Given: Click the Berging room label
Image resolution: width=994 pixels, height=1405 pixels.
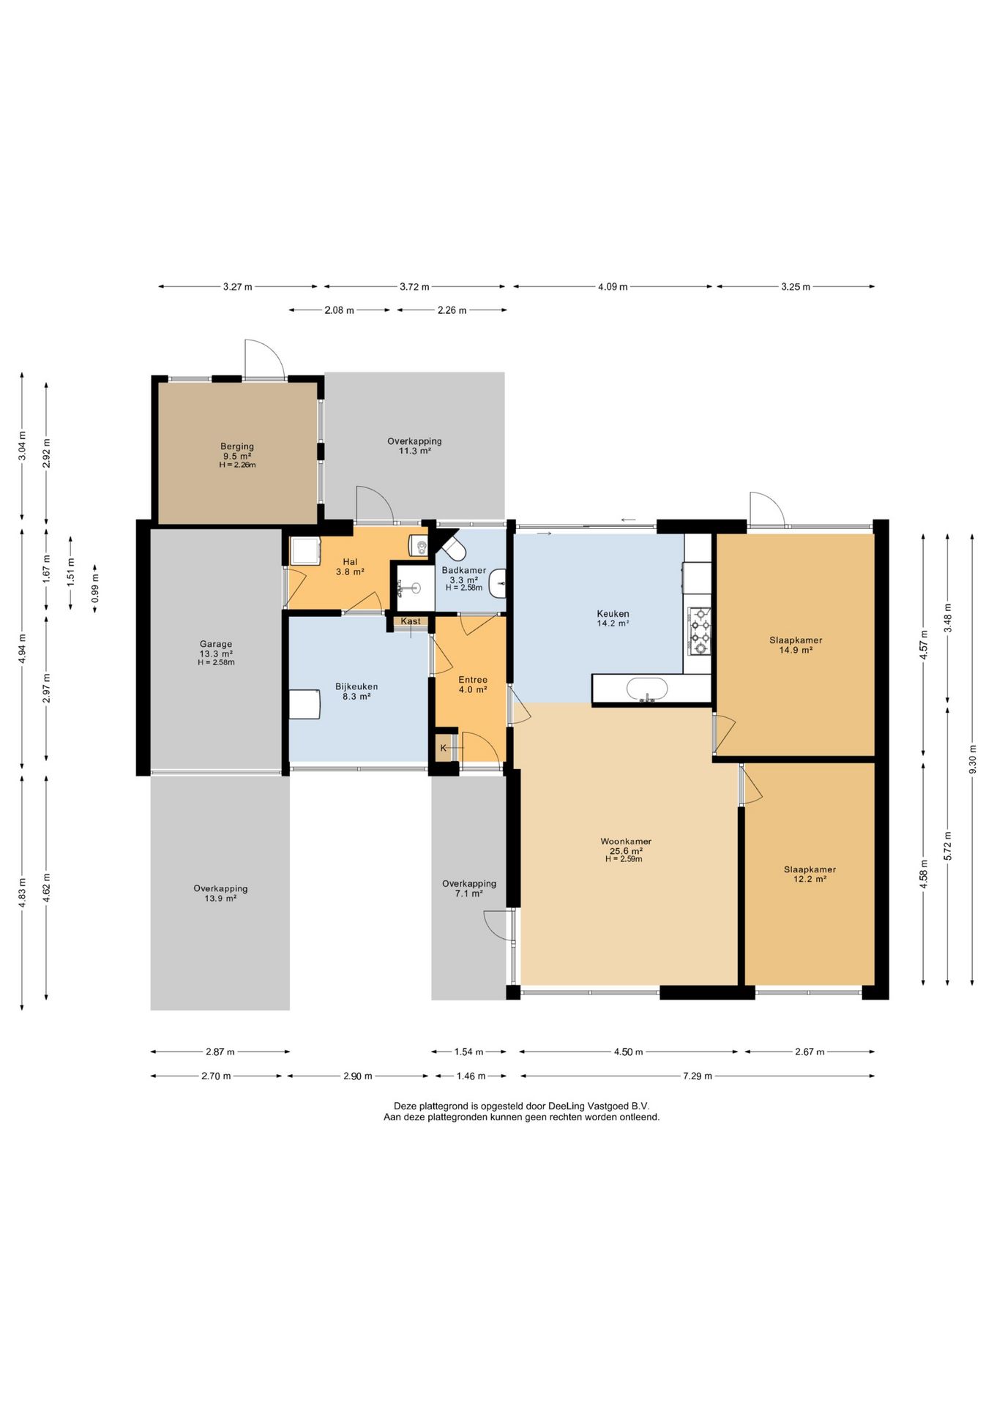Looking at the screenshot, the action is [237, 446].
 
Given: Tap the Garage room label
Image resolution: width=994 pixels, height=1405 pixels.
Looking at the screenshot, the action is [216, 645].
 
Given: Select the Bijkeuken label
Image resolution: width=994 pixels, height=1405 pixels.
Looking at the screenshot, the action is [356, 686].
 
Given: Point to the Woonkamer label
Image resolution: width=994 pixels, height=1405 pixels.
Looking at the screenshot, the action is [626, 842].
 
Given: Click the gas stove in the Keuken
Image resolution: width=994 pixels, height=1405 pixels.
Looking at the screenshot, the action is [700, 631].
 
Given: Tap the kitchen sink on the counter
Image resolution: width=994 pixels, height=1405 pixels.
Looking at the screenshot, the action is [647, 689].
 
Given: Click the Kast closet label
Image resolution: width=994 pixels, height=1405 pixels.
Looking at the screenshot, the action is [411, 621].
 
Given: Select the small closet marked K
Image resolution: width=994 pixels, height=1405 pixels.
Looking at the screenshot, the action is [444, 748].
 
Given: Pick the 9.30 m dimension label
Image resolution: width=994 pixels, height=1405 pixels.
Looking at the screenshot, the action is [972, 759].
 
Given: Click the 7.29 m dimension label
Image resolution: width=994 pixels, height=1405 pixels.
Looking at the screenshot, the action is [697, 1076].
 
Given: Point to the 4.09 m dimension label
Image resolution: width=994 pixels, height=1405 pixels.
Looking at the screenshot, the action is [613, 287].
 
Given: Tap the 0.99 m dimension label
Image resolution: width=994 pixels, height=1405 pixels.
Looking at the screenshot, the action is [95, 588].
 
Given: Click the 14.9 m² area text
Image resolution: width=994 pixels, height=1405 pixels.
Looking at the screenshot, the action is [796, 650].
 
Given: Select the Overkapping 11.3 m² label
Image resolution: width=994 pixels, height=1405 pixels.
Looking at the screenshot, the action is [414, 446].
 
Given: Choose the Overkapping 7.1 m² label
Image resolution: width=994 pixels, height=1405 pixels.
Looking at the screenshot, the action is [469, 888].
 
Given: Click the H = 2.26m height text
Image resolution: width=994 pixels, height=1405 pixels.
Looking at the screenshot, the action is [237, 465].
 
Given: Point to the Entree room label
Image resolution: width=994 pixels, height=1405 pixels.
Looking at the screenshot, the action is [473, 680].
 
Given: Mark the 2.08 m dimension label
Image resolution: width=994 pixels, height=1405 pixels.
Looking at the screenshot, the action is [339, 310].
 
